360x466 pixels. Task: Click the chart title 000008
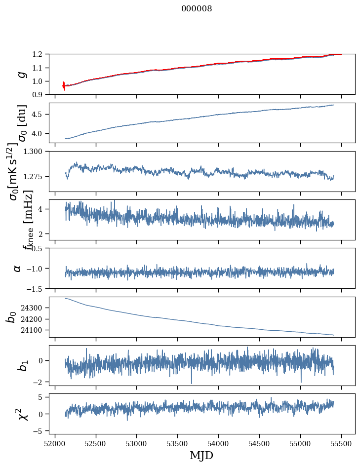point(197,9)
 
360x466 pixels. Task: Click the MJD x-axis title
point(201,455)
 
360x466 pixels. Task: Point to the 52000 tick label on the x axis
point(55,443)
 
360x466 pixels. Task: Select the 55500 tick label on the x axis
point(341,443)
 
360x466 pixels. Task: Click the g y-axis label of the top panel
point(21,75)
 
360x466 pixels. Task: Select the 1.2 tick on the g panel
point(40,54)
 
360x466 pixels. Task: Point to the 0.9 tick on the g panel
point(40,95)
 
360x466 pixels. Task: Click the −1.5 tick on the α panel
point(38,288)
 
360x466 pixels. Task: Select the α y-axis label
point(17,268)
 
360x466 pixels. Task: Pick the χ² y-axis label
point(22,414)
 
